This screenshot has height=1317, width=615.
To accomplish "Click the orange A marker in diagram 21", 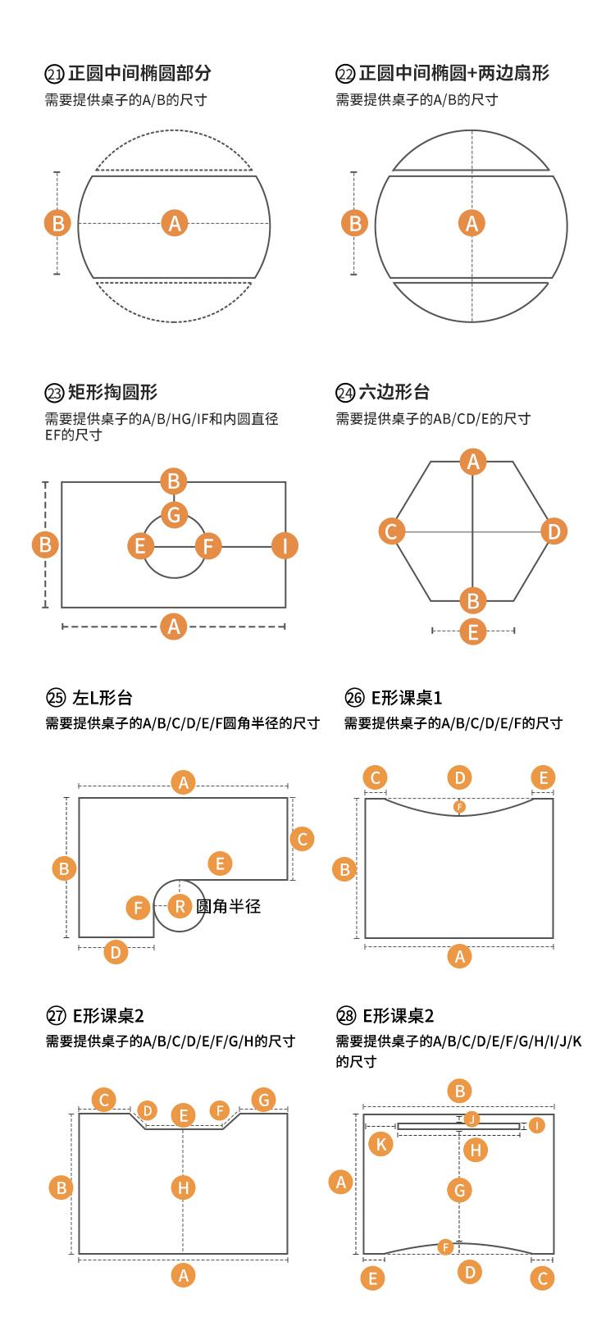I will pos(174,223).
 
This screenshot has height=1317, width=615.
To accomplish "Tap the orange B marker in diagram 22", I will pos(355,223).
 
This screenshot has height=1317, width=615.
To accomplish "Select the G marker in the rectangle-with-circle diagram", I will pos(174,515).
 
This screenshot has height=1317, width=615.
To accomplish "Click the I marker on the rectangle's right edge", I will pos(285,545).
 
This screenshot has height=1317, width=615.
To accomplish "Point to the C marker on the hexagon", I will pos(391,531).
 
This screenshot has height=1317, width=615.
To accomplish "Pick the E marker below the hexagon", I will pos(473,631).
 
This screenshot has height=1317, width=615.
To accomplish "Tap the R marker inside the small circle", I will pos(180,906).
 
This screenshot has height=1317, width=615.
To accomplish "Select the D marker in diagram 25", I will pos(116,952).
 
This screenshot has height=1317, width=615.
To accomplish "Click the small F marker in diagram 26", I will pos(459,807).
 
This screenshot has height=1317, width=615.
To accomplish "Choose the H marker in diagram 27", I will pos(183,1187).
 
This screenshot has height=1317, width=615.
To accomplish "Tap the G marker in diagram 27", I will pos(262,1100).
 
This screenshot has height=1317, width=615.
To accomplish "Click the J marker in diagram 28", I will pos(471,1119).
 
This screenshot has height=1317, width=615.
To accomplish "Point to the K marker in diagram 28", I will pos(380,1143).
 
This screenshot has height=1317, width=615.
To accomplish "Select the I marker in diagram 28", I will pos(536,1126).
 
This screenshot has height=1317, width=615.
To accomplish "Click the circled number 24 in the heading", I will pos(344,393).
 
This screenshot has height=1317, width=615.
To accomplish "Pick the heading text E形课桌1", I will pos(407,698).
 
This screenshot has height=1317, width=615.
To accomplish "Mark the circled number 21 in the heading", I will pos(53,74).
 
